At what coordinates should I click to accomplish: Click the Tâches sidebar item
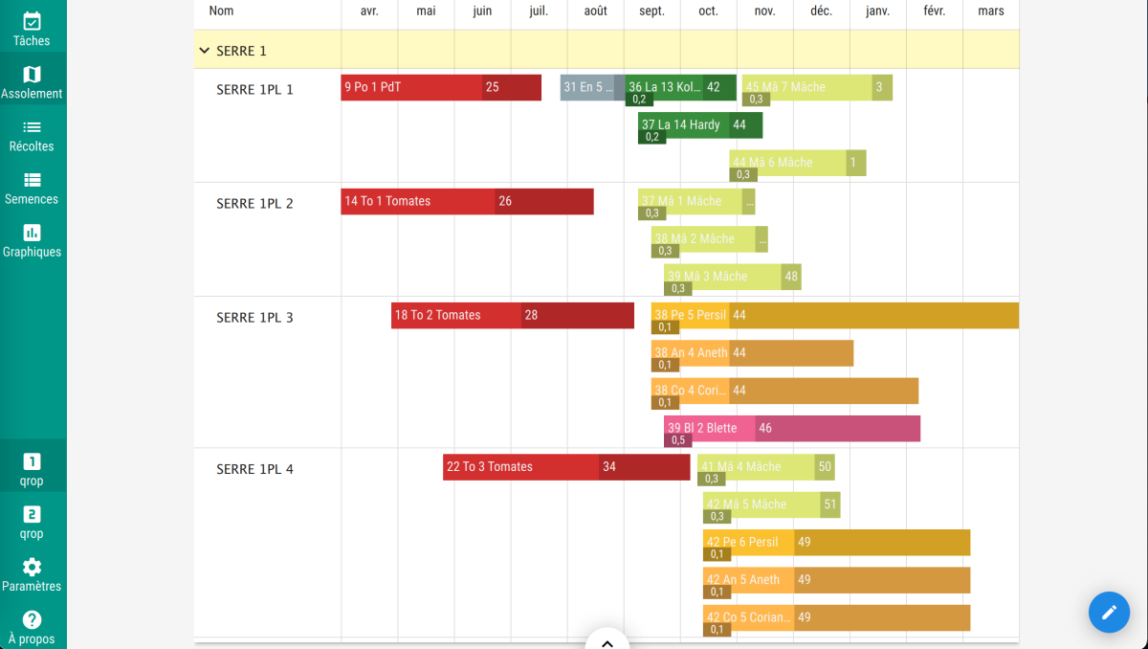(33, 29)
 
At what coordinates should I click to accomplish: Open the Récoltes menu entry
(33, 135)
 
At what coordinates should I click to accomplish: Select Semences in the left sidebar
(33, 188)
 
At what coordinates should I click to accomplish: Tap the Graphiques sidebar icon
(33, 240)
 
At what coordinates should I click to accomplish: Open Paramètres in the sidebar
(33, 574)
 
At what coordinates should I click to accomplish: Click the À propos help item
(33, 627)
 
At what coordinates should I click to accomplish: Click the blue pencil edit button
(1109, 612)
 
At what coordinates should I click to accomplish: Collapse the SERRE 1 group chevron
(204, 51)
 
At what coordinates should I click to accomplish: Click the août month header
(595, 11)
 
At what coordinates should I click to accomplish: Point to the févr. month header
(934, 11)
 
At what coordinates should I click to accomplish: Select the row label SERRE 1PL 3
(254, 318)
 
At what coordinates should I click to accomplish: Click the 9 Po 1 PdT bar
(411, 87)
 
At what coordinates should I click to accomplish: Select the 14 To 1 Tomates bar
(418, 201)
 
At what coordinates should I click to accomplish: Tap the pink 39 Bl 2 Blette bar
(709, 428)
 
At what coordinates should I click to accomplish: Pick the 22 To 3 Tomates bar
(521, 467)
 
